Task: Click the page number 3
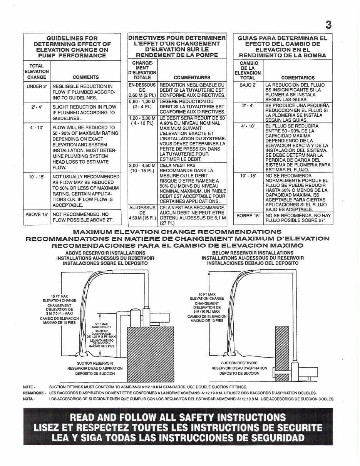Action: click(x=328, y=25)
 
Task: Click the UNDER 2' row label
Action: click(x=37, y=86)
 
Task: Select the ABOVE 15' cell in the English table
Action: click(x=37, y=214)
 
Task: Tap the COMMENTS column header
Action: click(x=85, y=77)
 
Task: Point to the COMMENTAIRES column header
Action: click(x=191, y=77)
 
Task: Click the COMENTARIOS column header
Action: click(x=298, y=77)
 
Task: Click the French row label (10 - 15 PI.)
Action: click(x=143, y=170)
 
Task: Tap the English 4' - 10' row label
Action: click(x=37, y=127)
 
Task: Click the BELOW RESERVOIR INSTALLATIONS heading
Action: click(x=252, y=253)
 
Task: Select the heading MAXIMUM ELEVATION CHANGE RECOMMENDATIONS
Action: click(x=177, y=232)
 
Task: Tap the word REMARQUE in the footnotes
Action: click(x=33, y=393)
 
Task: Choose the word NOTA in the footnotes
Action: click(x=28, y=399)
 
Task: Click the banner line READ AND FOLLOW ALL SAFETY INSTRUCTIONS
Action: click(x=177, y=418)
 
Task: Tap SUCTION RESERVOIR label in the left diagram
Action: click(x=95, y=363)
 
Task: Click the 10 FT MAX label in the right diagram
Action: click(x=207, y=294)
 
